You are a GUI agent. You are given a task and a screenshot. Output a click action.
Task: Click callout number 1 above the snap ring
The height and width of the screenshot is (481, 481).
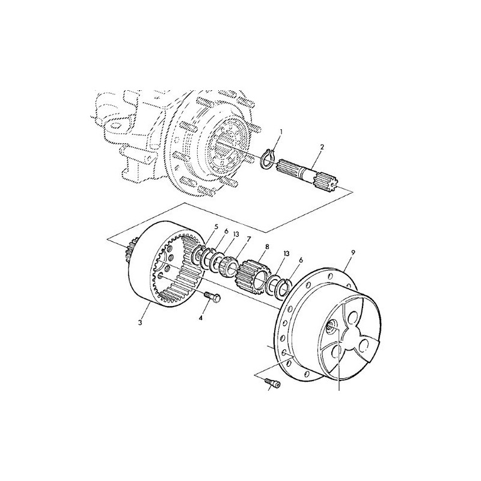[281, 132]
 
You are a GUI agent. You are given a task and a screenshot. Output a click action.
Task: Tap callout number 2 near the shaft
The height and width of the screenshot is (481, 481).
[322, 147]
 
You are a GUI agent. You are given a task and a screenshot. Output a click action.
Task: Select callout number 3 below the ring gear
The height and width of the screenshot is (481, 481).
[140, 323]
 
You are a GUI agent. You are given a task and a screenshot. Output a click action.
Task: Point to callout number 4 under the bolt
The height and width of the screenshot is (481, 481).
[201, 319]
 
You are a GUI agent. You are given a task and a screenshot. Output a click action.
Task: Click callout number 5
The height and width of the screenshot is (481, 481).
[216, 227]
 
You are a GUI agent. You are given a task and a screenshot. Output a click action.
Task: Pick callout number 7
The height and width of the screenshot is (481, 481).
[248, 238]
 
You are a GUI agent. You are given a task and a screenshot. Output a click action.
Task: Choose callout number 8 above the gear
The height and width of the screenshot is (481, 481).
[267, 247]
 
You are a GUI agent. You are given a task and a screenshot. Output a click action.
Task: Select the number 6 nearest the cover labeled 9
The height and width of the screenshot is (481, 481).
[301, 260]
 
